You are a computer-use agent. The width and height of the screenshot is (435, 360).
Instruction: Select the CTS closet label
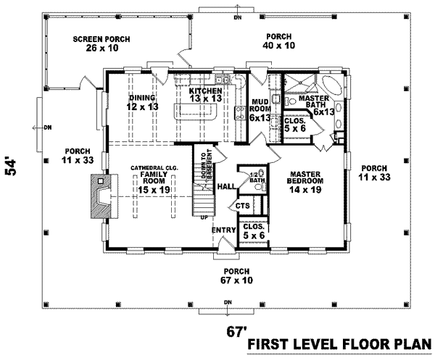pos(242,207)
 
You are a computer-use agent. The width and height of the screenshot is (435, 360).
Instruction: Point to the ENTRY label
pos(221,230)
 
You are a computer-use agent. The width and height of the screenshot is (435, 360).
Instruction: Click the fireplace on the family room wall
pos(99,195)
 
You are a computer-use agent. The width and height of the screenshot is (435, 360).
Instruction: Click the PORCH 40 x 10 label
pos(278,41)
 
